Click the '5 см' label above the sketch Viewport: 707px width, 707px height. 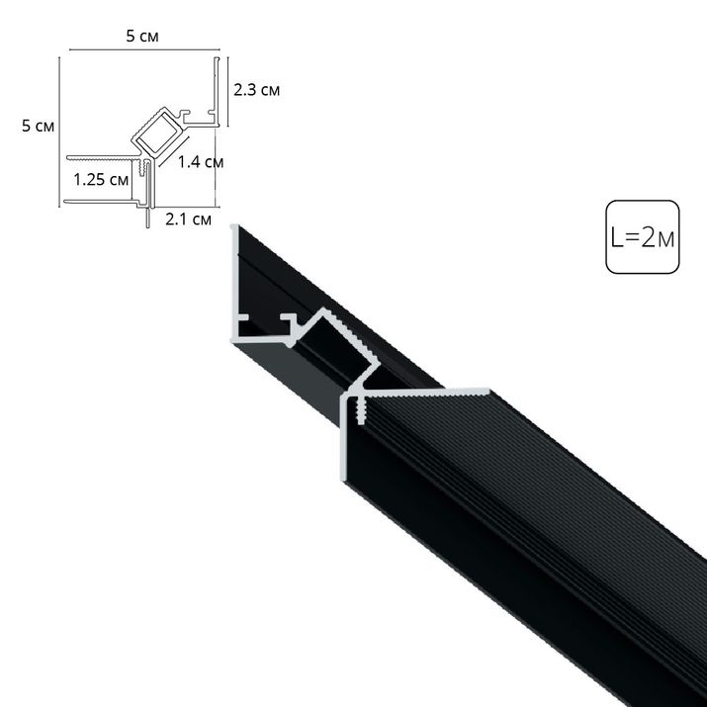141,37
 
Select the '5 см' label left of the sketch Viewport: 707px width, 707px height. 38,126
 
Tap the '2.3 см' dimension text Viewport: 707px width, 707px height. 256,91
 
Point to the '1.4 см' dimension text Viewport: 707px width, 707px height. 200,161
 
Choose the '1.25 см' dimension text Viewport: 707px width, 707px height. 102,179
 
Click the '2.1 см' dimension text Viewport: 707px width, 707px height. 188,219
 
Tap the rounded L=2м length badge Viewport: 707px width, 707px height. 643,237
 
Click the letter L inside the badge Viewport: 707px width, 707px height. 616,238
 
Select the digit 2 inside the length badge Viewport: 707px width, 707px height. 649,238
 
